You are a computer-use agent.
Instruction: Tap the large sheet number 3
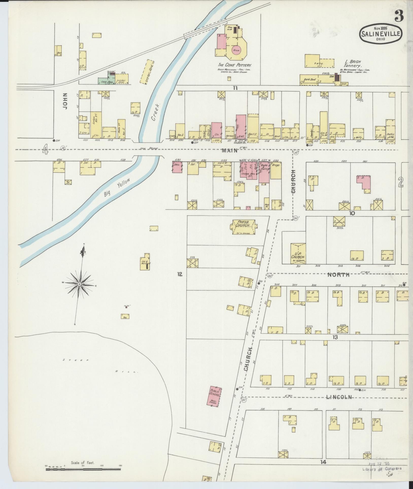point(399,16)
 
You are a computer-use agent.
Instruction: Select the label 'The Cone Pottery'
point(234,65)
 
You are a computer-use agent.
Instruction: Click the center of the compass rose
point(79,284)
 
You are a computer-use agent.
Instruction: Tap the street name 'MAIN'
point(230,150)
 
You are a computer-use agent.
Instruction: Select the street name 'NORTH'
point(338,275)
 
